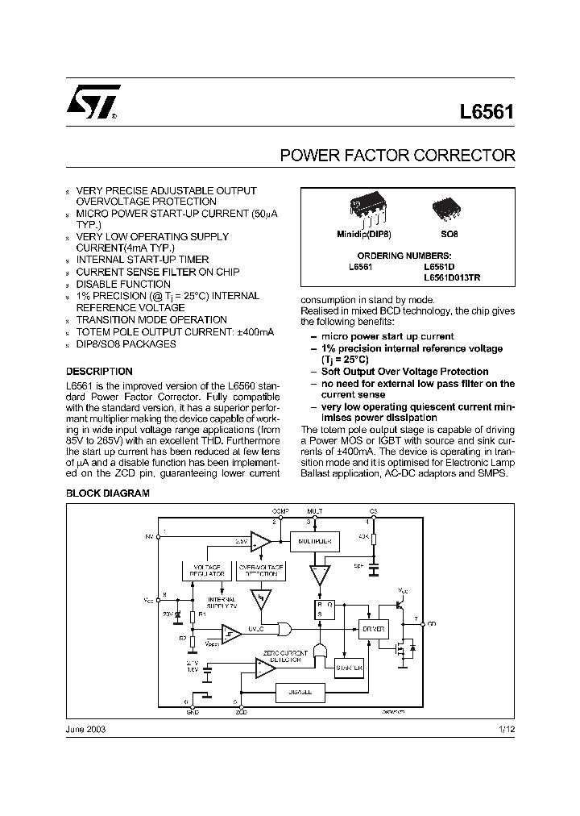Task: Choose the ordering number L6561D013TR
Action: coord(458,277)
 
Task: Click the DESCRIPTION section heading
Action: coord(99,372)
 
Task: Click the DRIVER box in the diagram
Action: coord(374,628)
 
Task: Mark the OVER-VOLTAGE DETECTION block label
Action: coord(260,569)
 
